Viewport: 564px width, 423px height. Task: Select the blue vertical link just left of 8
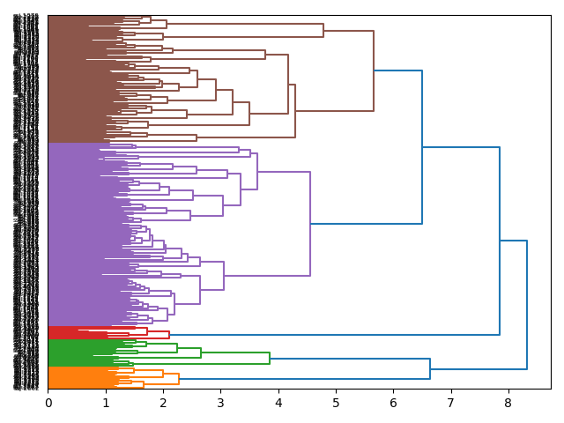tap(500, 241)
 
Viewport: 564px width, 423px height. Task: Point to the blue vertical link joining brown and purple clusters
tap(422, 147)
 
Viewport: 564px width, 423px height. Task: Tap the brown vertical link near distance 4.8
tap(323, 30)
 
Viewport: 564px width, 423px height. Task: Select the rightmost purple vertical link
tap(310, 224)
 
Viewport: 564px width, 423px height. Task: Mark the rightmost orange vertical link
tap(179, 379)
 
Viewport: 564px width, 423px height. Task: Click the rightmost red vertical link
tap(169, 335)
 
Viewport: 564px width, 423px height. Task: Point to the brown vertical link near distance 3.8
tap(265, 55)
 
